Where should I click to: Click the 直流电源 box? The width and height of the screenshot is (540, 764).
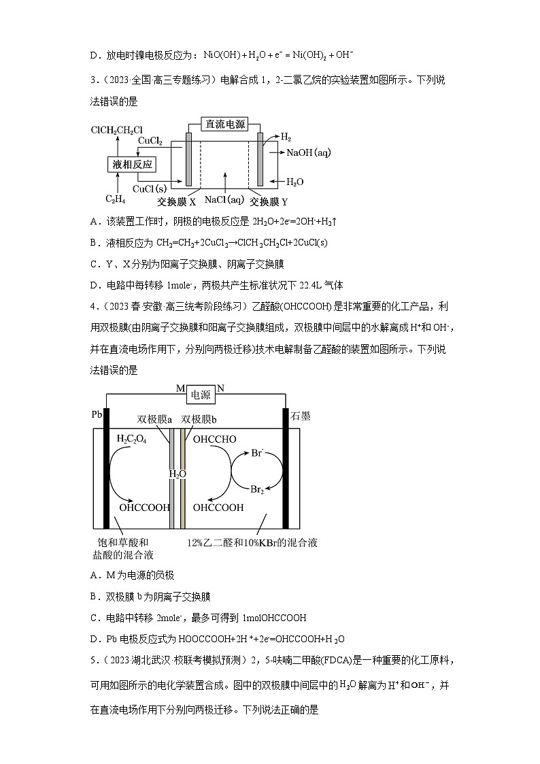click(x=225, y=124)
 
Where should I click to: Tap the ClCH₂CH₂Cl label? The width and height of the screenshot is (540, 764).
click(x=117, y=130)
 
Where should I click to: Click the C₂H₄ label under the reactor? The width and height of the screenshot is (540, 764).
click(x=114, y=199)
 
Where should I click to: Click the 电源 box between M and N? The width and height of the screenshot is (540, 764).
click(x=201, y=395)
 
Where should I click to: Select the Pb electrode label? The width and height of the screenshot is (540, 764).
click(x=96, y=414)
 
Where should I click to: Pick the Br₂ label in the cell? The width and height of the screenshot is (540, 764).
click(x=258, y=488)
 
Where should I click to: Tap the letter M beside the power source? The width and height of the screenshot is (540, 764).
click(x=180, y=388)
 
